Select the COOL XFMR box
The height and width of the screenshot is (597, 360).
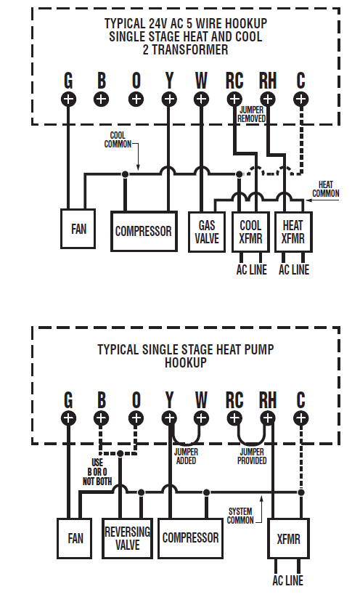[250, 232]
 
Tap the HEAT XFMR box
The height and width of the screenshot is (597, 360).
[293, 232]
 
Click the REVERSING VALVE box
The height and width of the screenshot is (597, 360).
[127, 538]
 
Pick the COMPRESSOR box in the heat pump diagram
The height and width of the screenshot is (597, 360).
[190, 538]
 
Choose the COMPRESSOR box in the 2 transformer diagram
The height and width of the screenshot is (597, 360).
[144, 232]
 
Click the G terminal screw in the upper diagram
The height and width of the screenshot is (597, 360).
[68, 99]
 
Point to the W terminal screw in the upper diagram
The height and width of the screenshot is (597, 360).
[201, 99]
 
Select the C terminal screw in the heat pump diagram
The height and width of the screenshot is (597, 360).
[301, 418]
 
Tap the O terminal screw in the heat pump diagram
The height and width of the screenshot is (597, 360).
[136, 418]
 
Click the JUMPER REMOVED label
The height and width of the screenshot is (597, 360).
[252, 113]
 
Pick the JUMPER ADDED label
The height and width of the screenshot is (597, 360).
[186, 457]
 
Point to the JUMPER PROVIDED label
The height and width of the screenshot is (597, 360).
[252, 457]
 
